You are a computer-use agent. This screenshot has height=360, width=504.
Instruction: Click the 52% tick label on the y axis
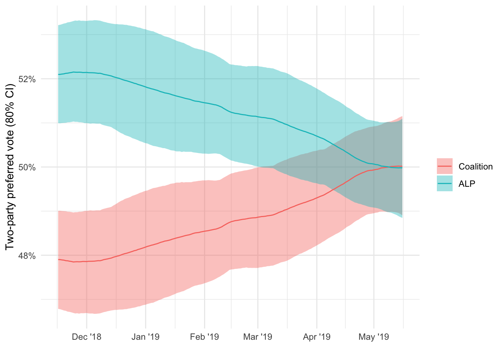pyautogui.click(x=27, y=79)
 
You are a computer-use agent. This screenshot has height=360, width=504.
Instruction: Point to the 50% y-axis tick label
pyautogui.click(x=27, y=167)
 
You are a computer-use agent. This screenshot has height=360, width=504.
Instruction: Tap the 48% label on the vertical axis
pyautogui.click(x=27, y=256)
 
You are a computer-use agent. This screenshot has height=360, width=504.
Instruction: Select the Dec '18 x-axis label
pyautogui.click(x=87, y=337)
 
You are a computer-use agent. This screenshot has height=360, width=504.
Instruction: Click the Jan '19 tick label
pyautogui.click(x=145, y=337)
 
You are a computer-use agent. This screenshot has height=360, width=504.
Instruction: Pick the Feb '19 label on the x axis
pyautogui.click(x=204, y=337)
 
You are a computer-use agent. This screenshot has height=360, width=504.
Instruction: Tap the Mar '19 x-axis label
pyautogui.click(x=258, y=337)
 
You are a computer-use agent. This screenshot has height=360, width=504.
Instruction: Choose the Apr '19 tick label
pyautogui.click(x=317, y=337)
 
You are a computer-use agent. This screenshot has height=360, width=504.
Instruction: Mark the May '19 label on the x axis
pyautogui.click(x=374, y=337)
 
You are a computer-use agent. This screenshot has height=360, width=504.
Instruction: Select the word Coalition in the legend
pyautogui.click(x=475, y=166)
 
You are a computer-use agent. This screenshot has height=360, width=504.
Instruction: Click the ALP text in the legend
pyautogui.click(x=467, y=184)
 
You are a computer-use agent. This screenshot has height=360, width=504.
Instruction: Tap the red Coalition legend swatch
pyautogui.click(x=445, y=166)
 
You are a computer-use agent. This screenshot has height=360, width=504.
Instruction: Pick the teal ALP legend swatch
pyautogui.click(x=445, y=183)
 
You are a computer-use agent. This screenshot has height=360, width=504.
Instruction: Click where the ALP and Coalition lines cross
pyautogui.click(x=388, y=167)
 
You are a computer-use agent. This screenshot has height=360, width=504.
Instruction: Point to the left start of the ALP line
pyautogui.click(x=58, y=74)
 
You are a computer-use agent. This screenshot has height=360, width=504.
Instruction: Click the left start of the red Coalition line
pyautogui.click(x=58, y=259)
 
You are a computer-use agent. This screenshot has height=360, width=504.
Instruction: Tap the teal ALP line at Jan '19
pyautogui.click(x=145, y=87)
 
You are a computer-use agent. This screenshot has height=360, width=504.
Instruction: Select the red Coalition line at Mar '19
pyautogui.click(x=258, y=217)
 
